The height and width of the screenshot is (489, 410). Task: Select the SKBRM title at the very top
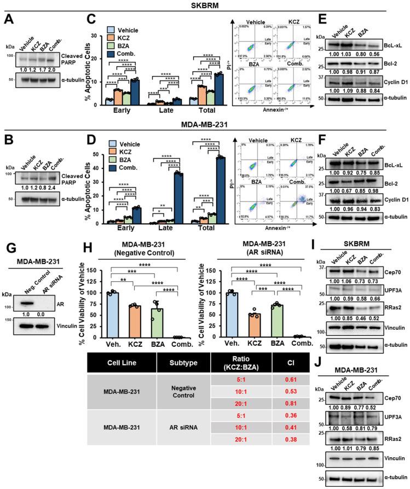205,5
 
